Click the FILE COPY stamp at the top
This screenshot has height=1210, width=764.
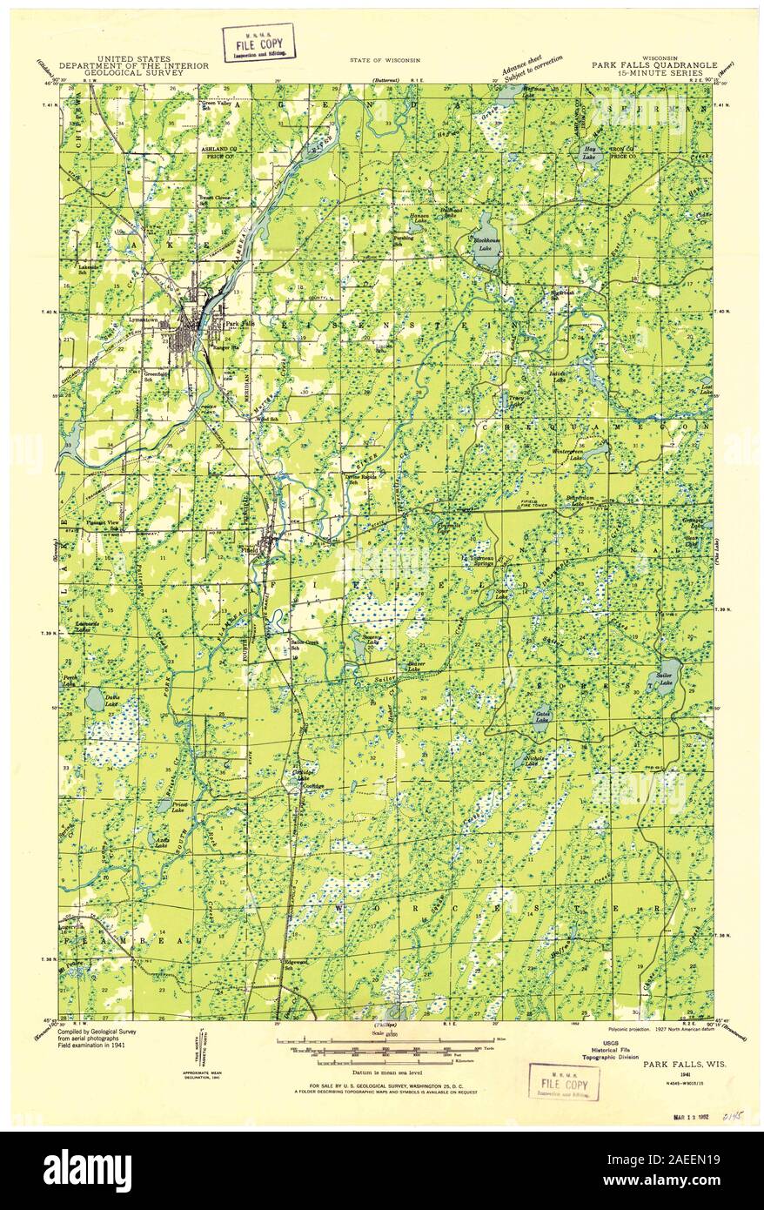[x=258, y=42]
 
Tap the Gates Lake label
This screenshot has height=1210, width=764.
[x=541, y=718]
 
